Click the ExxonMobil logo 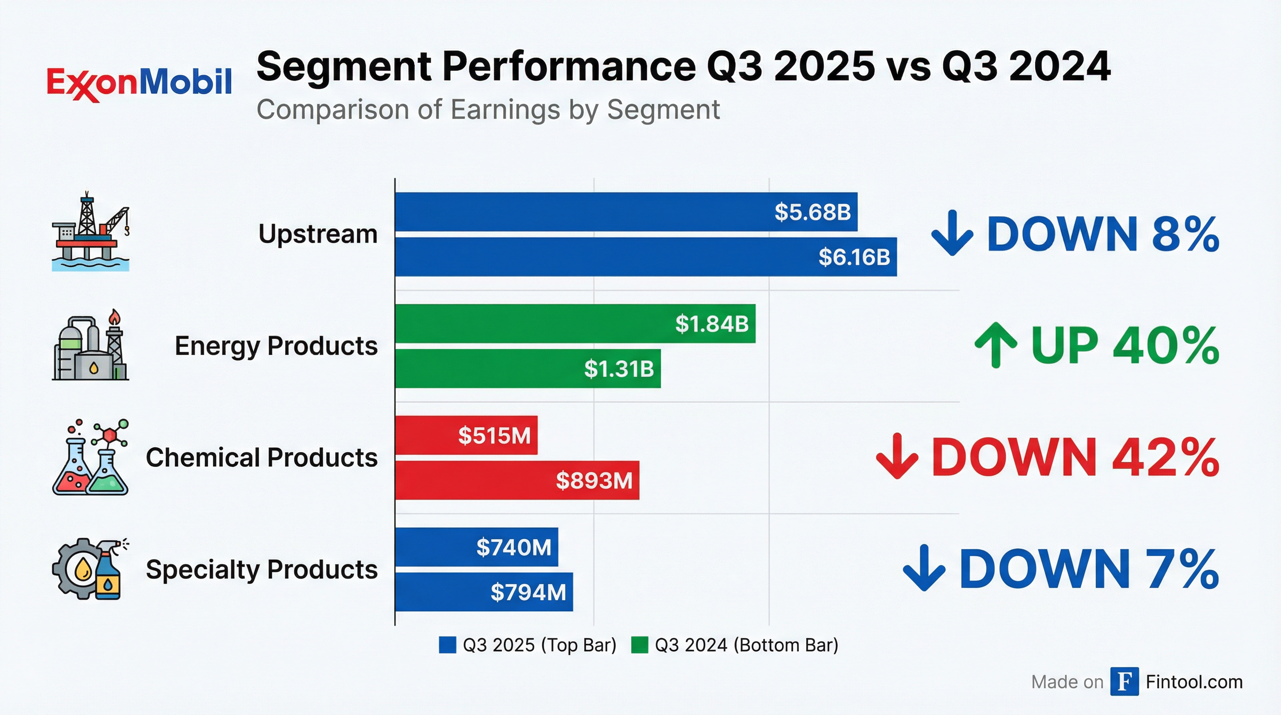[x=139, y=82]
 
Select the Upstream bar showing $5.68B [x=626, y=212]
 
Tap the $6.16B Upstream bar [x=646, y=256]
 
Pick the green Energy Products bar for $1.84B [x=575, y=324]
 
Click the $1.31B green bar [x=527, y=368]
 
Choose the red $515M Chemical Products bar [x=466, y=435]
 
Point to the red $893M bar [x=517, y=480]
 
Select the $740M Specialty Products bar [x=476, y=547]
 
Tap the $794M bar [x=484, y=592]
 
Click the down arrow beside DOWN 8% [x=952, y=233]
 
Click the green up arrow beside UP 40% [x=995, y=344]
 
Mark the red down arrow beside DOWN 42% [x=897, y=456]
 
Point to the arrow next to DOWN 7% [x=924, y=568]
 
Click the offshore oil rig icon [x=90, y=231]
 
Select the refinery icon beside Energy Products [x=90, y=344]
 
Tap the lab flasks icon [x=90, y=457]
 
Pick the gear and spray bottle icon [x=90, y=568]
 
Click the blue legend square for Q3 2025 [x=447, y=645]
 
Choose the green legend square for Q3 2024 [x=640, y=645]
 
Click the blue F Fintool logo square [x=1124, y=681]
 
